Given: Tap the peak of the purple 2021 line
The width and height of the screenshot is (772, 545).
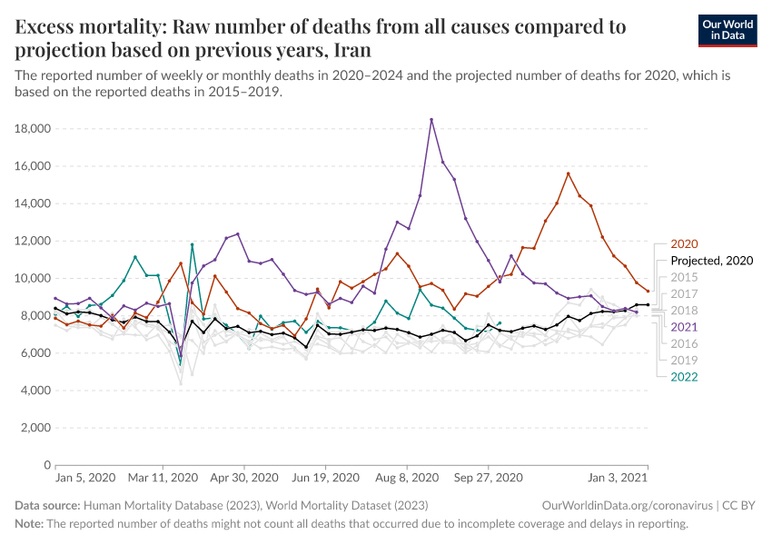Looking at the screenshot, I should (x=431, y=119).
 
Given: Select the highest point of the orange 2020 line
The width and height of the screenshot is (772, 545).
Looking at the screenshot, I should (x=568, y=173).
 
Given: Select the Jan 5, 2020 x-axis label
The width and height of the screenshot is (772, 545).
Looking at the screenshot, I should (x=85, y=477).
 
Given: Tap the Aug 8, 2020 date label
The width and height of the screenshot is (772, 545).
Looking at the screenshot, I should (x=407, y=477).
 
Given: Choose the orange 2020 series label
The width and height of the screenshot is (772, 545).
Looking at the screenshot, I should (x=684, y=243).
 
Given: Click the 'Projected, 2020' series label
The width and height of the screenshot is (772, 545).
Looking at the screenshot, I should (x=711, y=260).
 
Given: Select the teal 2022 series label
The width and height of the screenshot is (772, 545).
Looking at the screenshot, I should (x=684, y=376).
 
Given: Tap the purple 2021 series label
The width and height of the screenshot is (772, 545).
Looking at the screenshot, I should (x=684, y=326).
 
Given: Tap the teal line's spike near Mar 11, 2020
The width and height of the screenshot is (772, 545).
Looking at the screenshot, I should (x=192, y=243).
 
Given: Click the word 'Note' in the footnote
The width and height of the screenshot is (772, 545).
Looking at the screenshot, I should (x=28, y=524).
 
